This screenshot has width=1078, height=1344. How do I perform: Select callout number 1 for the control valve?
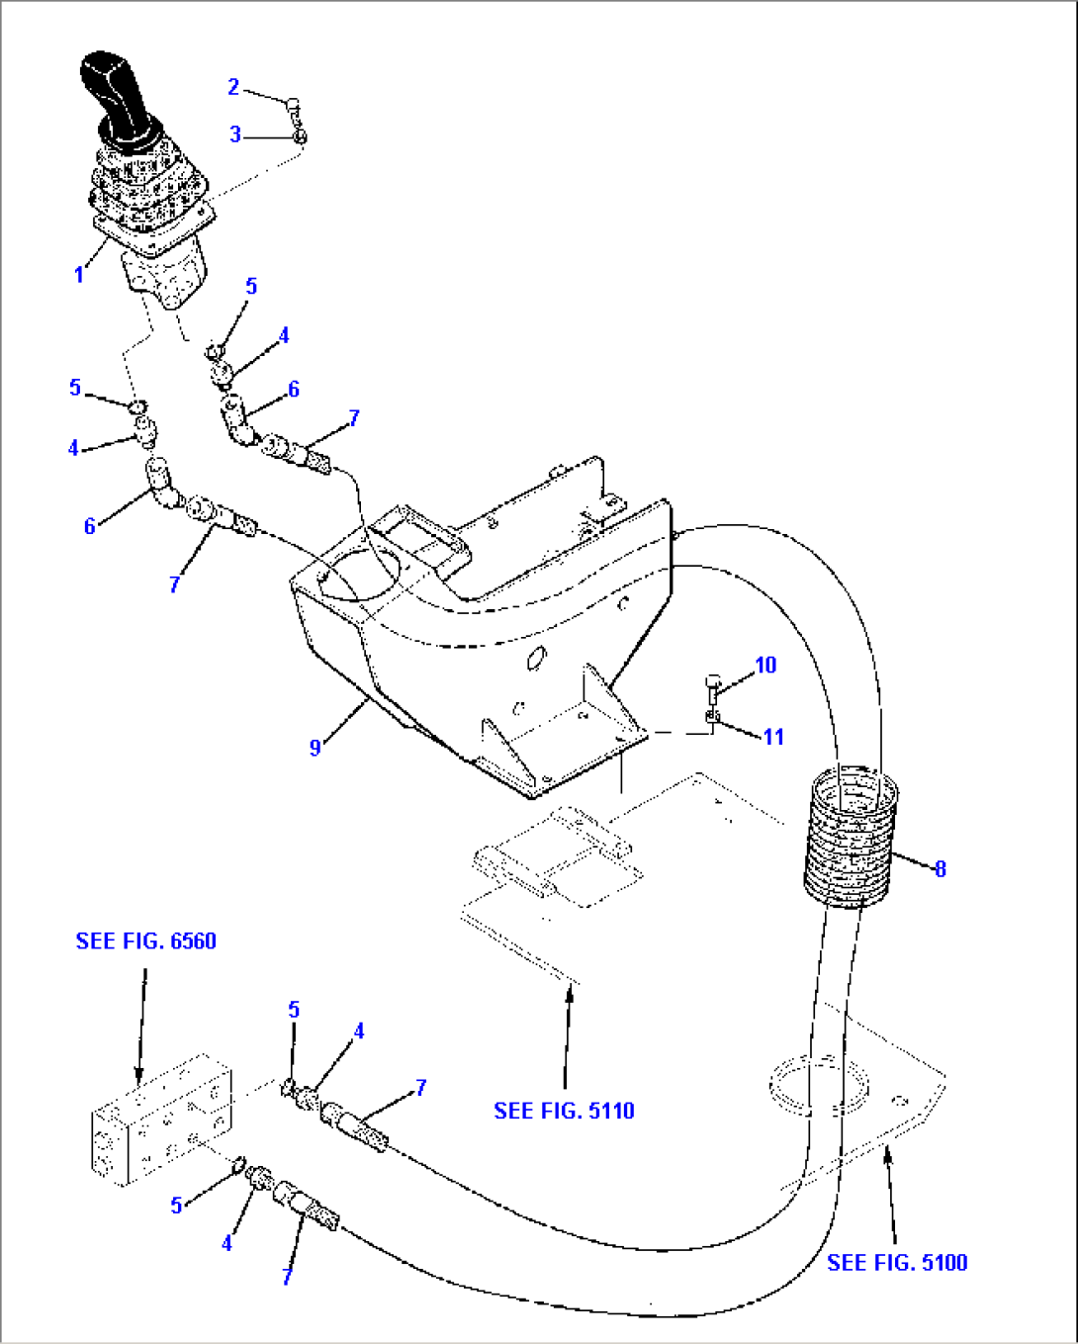79,275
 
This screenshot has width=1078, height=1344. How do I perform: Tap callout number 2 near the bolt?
233,87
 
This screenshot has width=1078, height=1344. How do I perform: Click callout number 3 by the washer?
235,134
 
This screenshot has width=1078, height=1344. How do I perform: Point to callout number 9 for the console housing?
314,748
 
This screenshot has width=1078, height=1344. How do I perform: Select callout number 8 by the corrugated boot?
940,869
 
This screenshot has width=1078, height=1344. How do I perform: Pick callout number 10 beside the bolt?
765,666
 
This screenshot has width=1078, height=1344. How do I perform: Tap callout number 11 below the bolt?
772,737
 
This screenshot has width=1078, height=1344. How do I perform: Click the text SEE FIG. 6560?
145,941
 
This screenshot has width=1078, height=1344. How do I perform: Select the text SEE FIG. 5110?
564,1111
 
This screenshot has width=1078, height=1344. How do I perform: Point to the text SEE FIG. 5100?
897,1262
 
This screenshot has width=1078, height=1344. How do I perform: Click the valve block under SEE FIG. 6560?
160,1119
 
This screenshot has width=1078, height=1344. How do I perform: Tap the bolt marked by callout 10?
714,685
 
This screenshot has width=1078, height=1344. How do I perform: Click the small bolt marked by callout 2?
293,104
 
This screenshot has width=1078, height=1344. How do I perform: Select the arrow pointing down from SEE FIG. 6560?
140,1029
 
